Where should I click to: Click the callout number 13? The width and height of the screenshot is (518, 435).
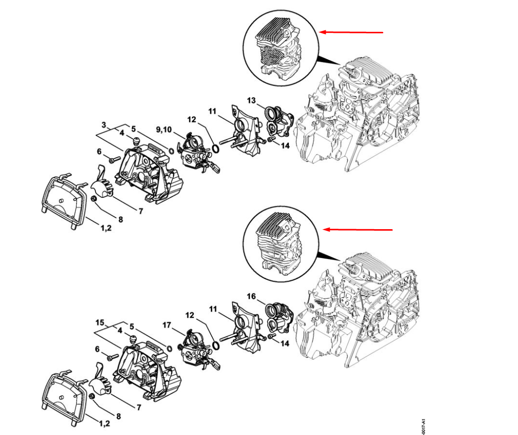[251, 100]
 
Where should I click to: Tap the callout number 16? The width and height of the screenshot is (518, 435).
[252, 296]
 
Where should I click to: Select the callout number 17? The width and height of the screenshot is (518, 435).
[167, 325]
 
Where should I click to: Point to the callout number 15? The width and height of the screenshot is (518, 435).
[100, 322]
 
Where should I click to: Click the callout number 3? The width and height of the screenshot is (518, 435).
[104, 125]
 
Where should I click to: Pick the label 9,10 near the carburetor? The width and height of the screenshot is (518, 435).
[164, 129]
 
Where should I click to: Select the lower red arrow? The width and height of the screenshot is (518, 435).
[358, 230]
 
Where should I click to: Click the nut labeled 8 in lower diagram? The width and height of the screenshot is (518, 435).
[92, 396]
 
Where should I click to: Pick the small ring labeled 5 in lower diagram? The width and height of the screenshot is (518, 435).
[169, 349]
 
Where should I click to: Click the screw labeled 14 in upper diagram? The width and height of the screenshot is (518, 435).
[270, 140]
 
